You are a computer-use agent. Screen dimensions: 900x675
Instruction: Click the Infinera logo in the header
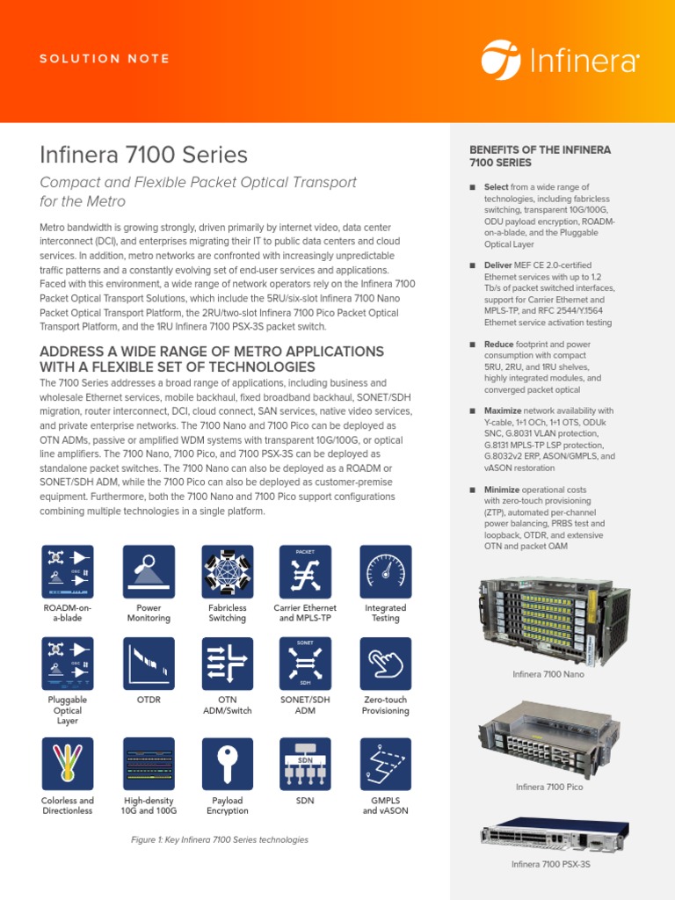coord(560,59)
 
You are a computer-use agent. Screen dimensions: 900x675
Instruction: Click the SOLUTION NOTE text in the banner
coord(105,59)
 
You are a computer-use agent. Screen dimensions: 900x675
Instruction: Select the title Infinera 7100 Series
coord(144,156)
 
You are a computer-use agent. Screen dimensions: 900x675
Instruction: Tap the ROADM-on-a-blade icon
coord(68,571)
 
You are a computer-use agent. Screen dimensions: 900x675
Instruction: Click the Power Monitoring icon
coord(149,571)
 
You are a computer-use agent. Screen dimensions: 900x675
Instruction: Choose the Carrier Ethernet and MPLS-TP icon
coord(305,571)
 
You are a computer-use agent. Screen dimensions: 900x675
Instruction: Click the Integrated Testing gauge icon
coord(385,571)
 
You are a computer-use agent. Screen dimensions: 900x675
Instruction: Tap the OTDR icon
coord(149,664)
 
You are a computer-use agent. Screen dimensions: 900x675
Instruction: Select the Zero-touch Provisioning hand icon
coord(385,664)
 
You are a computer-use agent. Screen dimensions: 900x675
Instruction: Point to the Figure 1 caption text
coord(220,840)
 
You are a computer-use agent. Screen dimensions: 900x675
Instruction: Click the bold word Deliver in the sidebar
coord(499,265)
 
